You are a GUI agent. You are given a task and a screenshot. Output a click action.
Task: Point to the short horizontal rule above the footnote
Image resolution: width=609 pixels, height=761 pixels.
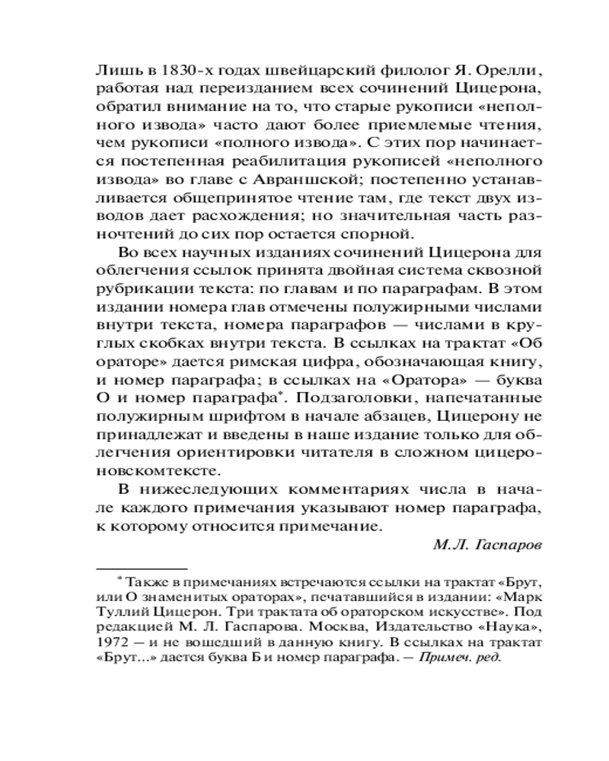(x=142, y=567)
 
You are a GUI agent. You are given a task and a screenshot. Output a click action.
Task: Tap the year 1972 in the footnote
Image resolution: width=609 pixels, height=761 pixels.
(x=109, y=643)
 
